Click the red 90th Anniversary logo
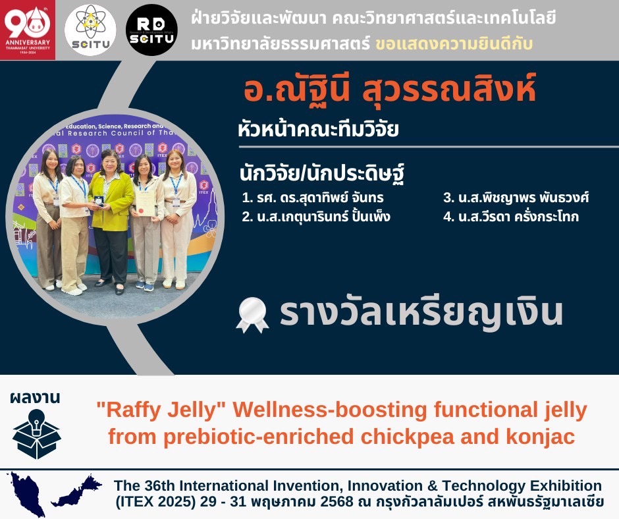click(28, 30)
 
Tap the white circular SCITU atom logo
click(90, 30)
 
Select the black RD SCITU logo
click(151, 30)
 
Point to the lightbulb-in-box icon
click(36, 433)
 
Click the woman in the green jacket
click(111, 221)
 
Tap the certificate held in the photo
click(145, 203)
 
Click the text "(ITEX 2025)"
click(155, 502)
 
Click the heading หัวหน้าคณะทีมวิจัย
click(318, 130)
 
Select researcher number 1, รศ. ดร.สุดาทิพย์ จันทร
click(313, 197)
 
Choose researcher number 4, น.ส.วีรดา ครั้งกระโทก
click(511, 217)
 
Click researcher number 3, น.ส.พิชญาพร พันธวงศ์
click(516, 197)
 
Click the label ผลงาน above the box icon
click(35, 398)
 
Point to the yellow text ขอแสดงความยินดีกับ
click(454, 43)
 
